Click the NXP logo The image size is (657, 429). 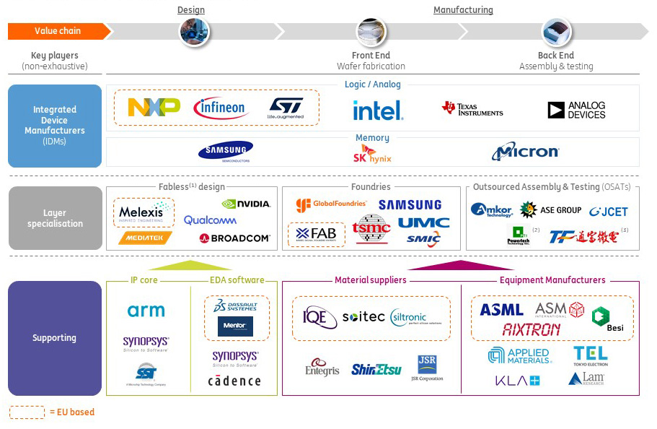coord(154,108)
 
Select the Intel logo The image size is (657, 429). coord(378,110)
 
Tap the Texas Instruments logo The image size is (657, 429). coord(472,109)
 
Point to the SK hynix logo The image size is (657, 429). coord(371,154)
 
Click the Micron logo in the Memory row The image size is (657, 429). coord(525,152)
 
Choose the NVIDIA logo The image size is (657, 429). coord(246,204)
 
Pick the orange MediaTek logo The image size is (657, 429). coord(146,237)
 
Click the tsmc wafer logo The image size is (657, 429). coord(371,228)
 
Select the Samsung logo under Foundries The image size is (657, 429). coord(410,205)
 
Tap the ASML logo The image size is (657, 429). coord(501,310)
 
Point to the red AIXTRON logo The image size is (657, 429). coord(531,329)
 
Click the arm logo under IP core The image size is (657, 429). coord(146,311)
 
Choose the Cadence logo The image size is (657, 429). coord(234,381)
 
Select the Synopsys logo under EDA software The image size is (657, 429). coord(235,358)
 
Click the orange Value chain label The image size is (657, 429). coord(58,31)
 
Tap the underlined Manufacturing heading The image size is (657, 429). coord(463,10)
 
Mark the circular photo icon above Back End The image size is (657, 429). coord(556,32)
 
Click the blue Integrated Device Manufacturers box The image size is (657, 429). coord(55,126)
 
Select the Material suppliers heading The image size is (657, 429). coord(370,280)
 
